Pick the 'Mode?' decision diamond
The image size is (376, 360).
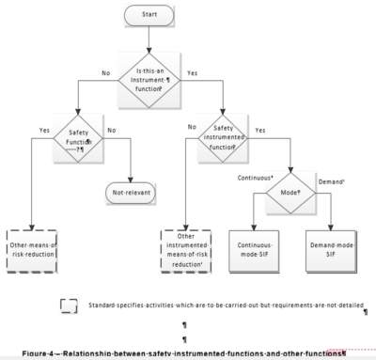click(279, 189)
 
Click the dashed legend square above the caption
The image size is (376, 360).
click(69, 306)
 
